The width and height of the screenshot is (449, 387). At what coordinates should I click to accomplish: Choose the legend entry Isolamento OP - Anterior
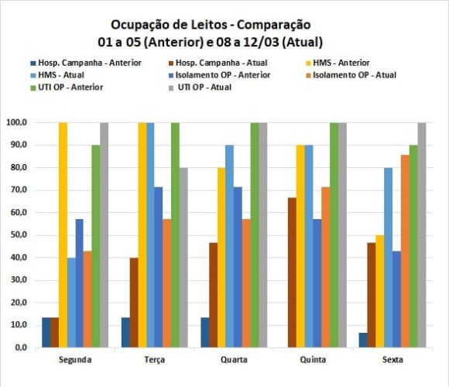point(228,74)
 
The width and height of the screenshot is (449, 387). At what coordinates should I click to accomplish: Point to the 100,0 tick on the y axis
point(17,122)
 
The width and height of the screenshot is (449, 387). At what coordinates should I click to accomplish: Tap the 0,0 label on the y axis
point(21,348)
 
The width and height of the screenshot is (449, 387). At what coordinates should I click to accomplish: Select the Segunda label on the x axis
point(76,360)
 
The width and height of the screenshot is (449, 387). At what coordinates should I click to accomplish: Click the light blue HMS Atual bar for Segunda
point(71,303)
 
